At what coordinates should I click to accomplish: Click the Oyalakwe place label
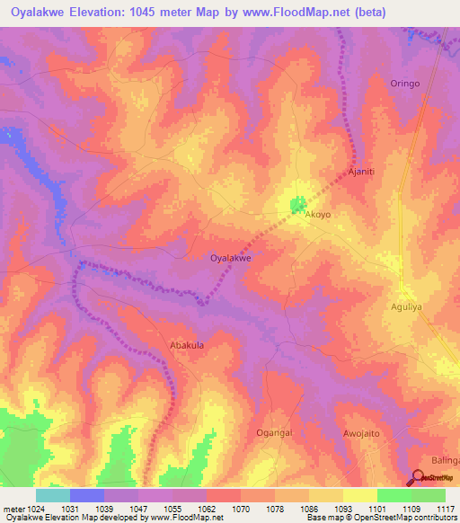(x=230, y=258)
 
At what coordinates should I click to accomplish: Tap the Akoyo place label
(x=318, y=216)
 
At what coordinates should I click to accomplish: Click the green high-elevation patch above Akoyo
(x=297, y=206)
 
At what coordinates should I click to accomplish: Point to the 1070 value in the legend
(x=241, y=509)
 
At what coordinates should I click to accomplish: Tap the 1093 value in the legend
(x=343, y=509)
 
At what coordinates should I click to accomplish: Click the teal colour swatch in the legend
(x=53, y=495)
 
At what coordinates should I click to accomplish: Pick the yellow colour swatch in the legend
(x=359, y=495)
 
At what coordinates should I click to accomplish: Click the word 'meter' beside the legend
(x=9, y=509)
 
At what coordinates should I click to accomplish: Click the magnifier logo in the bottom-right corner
(x=420, y=477)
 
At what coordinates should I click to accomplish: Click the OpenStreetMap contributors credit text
(x=411, y=518)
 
